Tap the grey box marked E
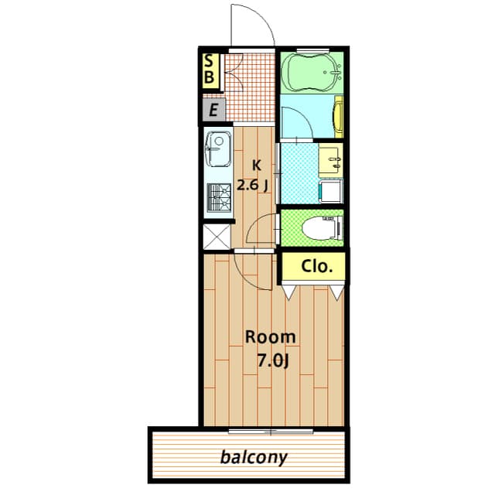pyautogui.click(x=213, y=110)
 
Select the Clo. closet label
pyautogui.click(x=316, y=266)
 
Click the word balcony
pyautogui.click(x=254, y=457)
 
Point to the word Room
pyautogui.click(x=271, y=337)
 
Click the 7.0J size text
pyautogui.click(x=273, y=360)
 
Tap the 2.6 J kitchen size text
pyautogui.click(x=253, y=186)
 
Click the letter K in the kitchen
pyautogui.click(x=257, y=165)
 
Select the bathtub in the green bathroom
pyautogui.click(x=311, y=72)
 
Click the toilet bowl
pyautogui.click(x=322, y=228)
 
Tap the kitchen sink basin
pyautogui.click(x=218, y=149)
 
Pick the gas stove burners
pyautogui.click(x=219, y=198)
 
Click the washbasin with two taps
pyautogui.click(x=330, y=159)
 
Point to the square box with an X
pyautogui.click(x=217, y=237)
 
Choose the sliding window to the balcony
pyautogui.click(x=271, y=432)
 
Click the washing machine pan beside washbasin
pyautogui.click(x=331, y=192)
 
